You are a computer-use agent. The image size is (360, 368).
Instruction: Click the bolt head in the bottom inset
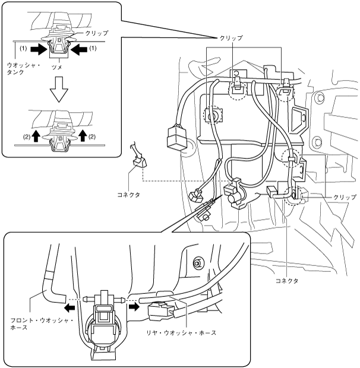[x=197, y=262]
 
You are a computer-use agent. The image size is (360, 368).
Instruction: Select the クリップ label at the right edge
[x=345, y=196]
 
